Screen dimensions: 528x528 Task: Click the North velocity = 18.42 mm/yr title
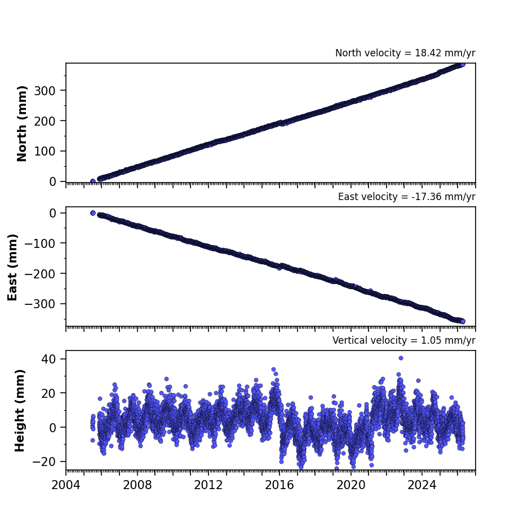click(x=405, y=53)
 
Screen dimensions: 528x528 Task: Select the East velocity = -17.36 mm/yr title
click(x=406, y=197)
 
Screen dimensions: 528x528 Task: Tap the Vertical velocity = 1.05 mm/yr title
click(x=403, y=340)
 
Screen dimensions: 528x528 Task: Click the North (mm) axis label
click(x=21, y=123)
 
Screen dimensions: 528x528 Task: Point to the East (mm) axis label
click(x=12, y=267)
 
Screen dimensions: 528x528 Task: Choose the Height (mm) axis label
click(x=20, y=410)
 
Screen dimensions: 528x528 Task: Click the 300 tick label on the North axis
click(x=45, y=91)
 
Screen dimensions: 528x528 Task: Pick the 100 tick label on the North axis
click(x=45, y=151)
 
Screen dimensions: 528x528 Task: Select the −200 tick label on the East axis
click(x=40, y=274)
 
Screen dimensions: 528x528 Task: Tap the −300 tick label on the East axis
click(x=40, y=304)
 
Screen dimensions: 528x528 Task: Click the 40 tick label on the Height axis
click(x=48, y=359)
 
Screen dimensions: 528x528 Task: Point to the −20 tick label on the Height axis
click(x=44, y=462)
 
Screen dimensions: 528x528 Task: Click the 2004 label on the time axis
click(x=66, y=485)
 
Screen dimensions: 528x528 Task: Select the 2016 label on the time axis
click(x=279, y=485)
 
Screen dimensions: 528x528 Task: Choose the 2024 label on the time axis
click(x=422, y=485)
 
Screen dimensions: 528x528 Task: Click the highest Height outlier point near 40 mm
click(x=401, y=358)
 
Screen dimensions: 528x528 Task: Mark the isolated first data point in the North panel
click(x=93, y=181)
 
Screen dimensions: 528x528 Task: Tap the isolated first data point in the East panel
click(x=93, y=213)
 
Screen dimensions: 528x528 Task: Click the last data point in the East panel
click(x=463, y=322)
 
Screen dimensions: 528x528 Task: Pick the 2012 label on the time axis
click(x=208, y=485)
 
